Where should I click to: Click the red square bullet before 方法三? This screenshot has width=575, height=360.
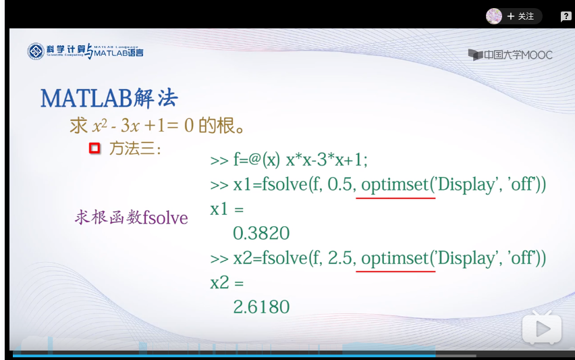[94, 148]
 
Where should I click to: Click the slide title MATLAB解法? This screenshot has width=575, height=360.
[109, 99]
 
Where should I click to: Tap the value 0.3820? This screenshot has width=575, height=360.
[261, 234]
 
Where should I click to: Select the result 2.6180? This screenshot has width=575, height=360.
[261, 307]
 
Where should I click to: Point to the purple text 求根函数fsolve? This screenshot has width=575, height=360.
[132, 217]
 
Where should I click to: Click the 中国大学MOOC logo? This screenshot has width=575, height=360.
[510, 55]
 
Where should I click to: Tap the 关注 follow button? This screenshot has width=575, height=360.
[520, 16]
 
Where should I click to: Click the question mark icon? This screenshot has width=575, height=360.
[566, 16]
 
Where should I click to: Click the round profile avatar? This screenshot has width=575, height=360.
[494, 16]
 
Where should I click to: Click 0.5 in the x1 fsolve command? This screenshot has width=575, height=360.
[340, 184]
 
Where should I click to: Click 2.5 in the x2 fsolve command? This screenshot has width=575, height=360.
[340, 258]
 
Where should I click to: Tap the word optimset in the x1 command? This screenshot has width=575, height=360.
[395, 185]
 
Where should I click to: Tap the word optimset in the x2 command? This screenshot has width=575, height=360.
[395, 259]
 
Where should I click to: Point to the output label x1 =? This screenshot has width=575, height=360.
[227, 209]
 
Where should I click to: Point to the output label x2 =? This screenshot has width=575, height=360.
[227, 282]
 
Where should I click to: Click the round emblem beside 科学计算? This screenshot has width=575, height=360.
[36, 51]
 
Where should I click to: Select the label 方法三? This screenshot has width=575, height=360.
[135, 149]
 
